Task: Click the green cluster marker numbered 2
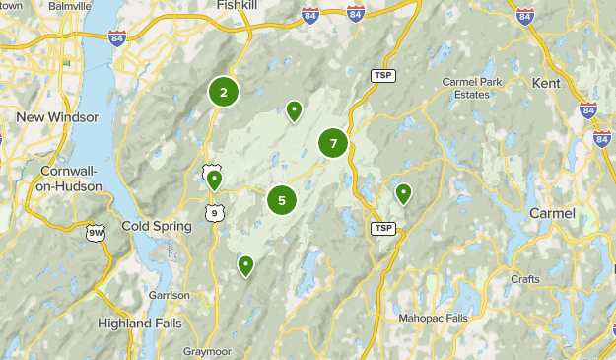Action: [224, 92]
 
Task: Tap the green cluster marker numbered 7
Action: [333, 144]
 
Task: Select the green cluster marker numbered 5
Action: [282, 201]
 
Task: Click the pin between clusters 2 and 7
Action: [294, 110]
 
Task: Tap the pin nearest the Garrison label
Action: [246, 264]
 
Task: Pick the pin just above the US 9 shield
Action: [213, 179]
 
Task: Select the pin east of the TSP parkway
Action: [403, 193]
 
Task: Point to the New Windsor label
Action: [58, 117]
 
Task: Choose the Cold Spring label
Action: [156, 226]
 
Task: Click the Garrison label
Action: [169, 295]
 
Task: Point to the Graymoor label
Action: [207, 351]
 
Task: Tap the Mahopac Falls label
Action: [434, 319]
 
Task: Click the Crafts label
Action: [525, 279]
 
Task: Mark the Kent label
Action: [545, 83]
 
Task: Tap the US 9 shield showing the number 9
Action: [214, 211]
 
